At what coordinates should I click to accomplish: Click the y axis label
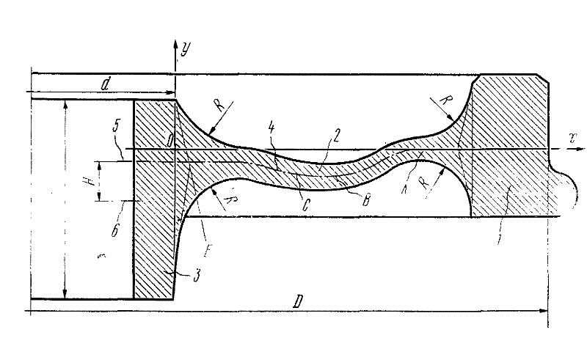click(x=187, y=50)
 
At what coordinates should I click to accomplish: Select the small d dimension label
click(x=106, y=85)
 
